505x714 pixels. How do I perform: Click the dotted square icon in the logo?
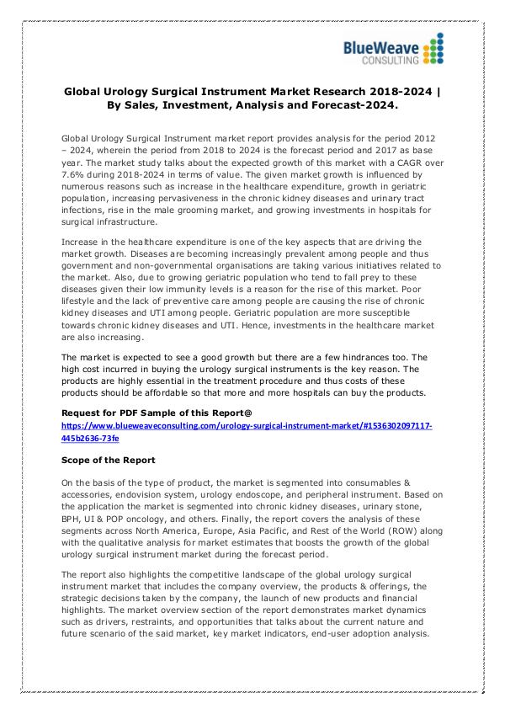[432, 50]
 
